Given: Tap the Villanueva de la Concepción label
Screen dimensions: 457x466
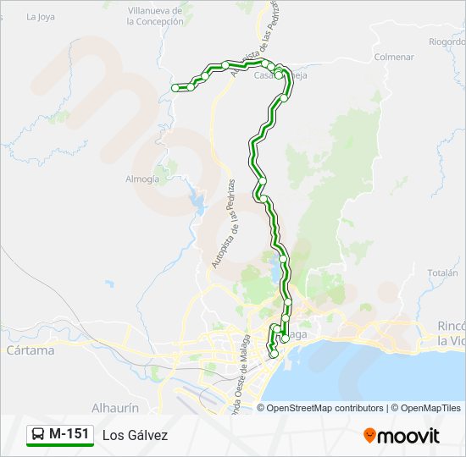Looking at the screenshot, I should pos(154,16).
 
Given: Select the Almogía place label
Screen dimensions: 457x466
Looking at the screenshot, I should pos(141,179).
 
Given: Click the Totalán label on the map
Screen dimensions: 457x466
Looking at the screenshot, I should pos(442,273).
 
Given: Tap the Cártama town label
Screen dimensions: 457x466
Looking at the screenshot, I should pos(30,350).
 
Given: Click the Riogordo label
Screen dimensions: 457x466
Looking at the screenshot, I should pos(447,41).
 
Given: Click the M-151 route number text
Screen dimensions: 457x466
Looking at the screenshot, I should pos(69,434).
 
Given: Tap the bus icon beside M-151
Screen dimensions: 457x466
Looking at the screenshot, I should pos(38,434).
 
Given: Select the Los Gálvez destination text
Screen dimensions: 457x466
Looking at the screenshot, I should pos(136,435).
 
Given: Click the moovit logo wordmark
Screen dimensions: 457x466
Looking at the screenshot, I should pos(408,436).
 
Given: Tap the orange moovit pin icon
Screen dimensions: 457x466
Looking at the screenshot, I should pos(370,435).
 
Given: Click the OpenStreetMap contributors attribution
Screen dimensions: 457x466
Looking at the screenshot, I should pos(325,408).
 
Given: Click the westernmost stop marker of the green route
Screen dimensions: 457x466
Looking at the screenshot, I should pos(175,88).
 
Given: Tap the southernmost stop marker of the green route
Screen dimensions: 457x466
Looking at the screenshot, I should pos(272,355).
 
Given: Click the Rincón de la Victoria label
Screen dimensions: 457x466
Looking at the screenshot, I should pos(452,333).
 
